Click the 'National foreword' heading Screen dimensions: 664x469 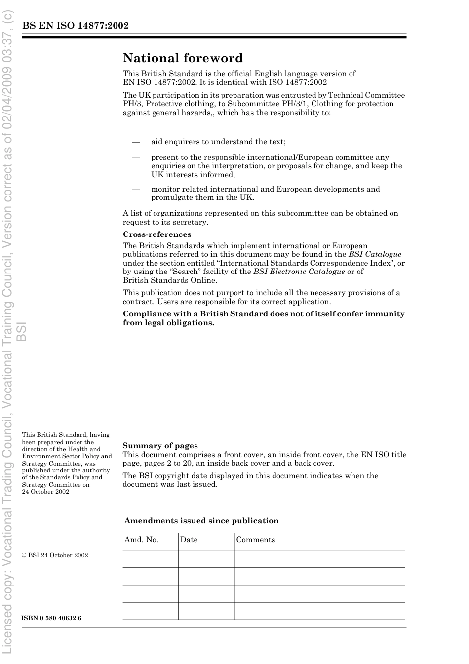(x=183, y=58)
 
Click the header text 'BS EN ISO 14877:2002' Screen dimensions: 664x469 (x=76, y=26)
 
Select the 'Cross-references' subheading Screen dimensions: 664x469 (x=157, y=234)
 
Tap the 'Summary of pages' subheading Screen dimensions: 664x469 (x=160, y=446)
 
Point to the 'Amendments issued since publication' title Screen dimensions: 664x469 (x=201, y=521)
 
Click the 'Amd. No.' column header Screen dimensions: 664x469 (x=141, y=540)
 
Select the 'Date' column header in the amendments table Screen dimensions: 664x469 (x=189, y=540)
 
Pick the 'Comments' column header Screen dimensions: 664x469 (x=256, y=540)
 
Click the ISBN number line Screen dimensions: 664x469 (x=52, y=618)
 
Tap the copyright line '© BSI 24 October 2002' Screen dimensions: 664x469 (x=55, y=555)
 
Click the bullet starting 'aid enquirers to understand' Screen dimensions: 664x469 (x=218, y=142)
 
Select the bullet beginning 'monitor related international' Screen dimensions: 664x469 (x=266, y=193)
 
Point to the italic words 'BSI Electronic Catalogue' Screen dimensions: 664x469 (x=299, y=272)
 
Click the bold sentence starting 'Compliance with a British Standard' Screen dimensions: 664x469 (x=264, y=318)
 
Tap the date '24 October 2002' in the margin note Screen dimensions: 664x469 (x=45, y=492)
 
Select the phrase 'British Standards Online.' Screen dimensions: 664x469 (x=170, y=280)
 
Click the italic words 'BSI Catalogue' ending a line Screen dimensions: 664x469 (x=375, y=254)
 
